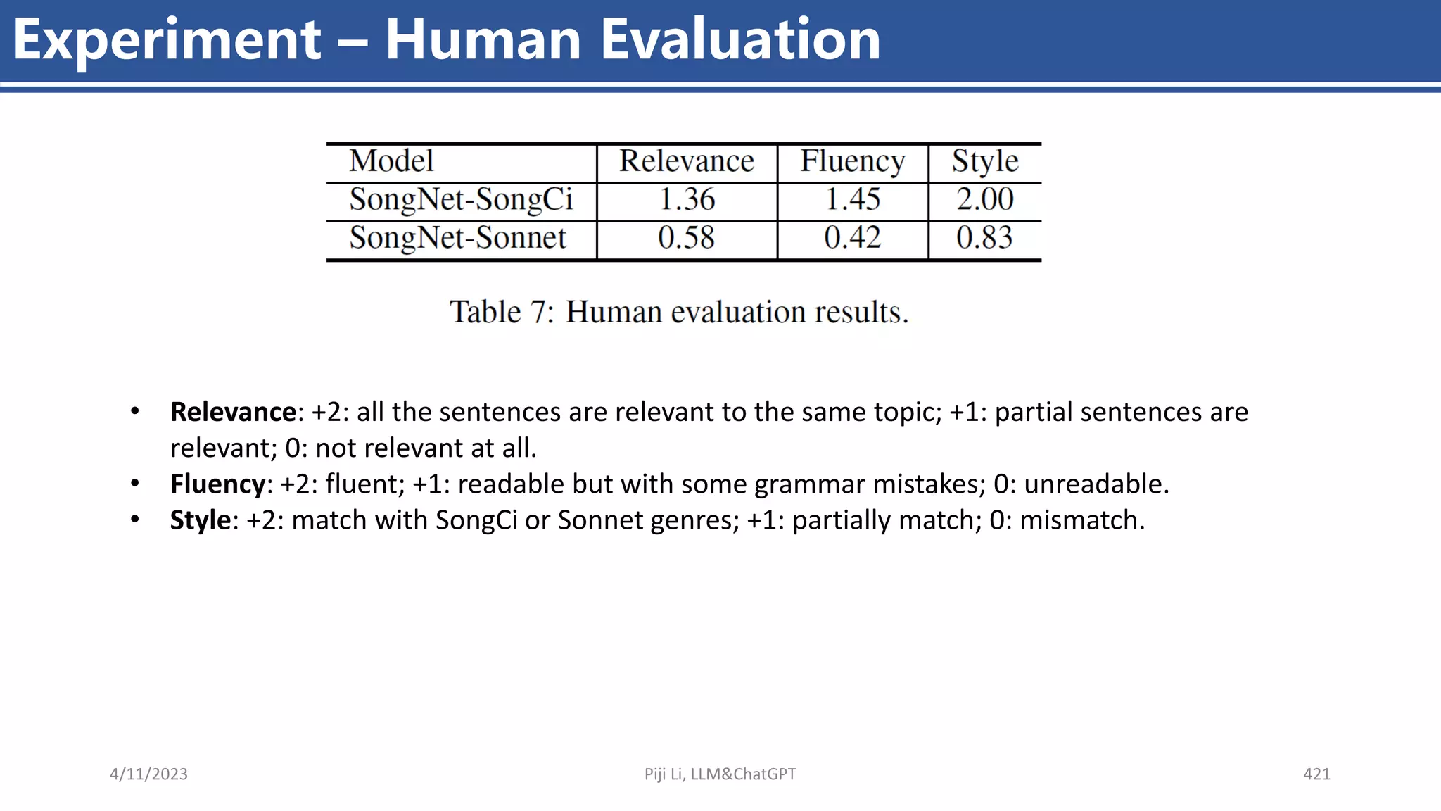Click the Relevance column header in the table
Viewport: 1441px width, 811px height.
point(686,161)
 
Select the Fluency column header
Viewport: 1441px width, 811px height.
point(852,162)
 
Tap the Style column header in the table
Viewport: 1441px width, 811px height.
point(985,161)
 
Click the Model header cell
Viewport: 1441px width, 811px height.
point(391,161)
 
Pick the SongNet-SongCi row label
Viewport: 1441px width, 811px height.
point(461,200)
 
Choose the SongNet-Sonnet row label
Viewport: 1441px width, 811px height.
point(457,238)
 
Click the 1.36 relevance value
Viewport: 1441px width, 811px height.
point(687,200)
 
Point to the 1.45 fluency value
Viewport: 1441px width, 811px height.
point(852,200)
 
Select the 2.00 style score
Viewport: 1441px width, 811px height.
point(984,200)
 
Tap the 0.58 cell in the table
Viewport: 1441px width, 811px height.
point(686,238)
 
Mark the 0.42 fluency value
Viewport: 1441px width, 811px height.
point(852,238)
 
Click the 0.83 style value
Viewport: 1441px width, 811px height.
point(984,238)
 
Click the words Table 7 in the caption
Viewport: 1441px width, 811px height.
point(502,312)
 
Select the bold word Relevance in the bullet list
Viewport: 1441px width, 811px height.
point(233,412)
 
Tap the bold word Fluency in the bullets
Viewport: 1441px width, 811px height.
point(217,484)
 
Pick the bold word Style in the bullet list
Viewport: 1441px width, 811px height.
point(201,520)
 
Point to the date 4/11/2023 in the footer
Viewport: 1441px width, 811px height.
point(148,774)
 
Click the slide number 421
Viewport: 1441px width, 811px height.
point(1316,774)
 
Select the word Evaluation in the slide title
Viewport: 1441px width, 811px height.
point(739,39)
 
